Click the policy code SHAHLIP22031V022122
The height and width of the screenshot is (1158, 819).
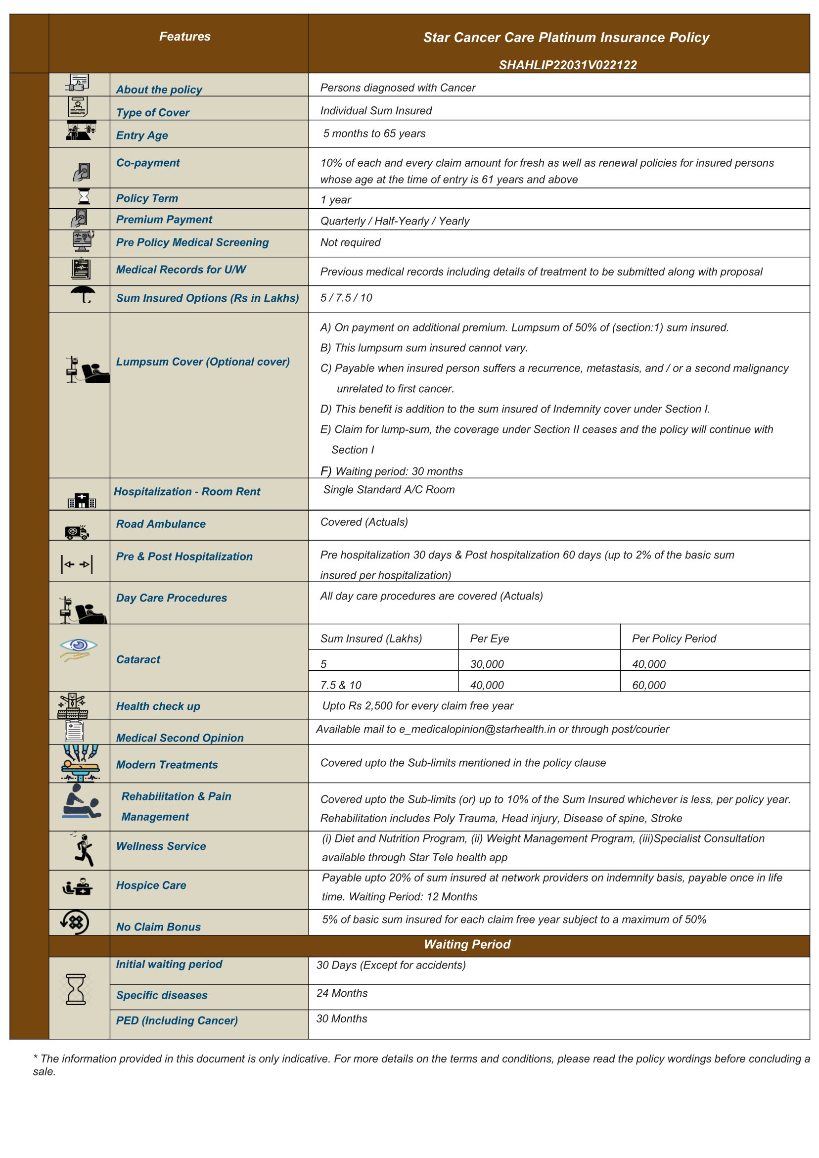567,65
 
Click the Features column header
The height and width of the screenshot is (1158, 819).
184,36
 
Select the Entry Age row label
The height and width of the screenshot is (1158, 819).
142,135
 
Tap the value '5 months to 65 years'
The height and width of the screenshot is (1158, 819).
374,134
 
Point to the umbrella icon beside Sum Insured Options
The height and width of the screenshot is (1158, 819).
83,294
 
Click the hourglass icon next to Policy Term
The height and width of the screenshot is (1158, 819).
84,196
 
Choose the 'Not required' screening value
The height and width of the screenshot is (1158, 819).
351,242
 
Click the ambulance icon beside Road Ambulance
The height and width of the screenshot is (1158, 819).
77,532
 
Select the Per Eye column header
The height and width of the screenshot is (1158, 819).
489,639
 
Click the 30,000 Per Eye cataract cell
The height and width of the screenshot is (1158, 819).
487,664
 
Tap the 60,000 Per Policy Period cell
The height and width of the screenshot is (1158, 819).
648,685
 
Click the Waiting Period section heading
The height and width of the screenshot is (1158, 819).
467,944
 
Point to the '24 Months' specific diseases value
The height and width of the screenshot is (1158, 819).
342,993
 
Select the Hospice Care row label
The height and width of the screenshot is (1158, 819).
151,885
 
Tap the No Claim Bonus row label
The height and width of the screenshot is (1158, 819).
158,926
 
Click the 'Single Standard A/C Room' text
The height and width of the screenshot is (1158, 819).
389,490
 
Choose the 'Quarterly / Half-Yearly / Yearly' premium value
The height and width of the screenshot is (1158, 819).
394,221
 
